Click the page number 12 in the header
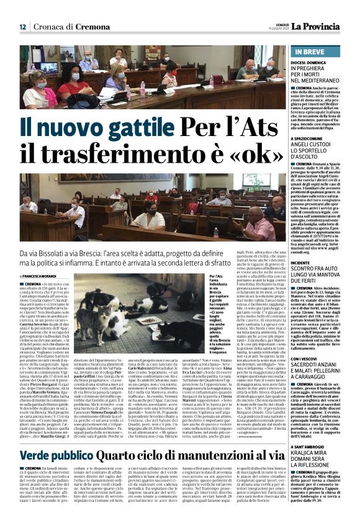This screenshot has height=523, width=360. click(22, 27)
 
